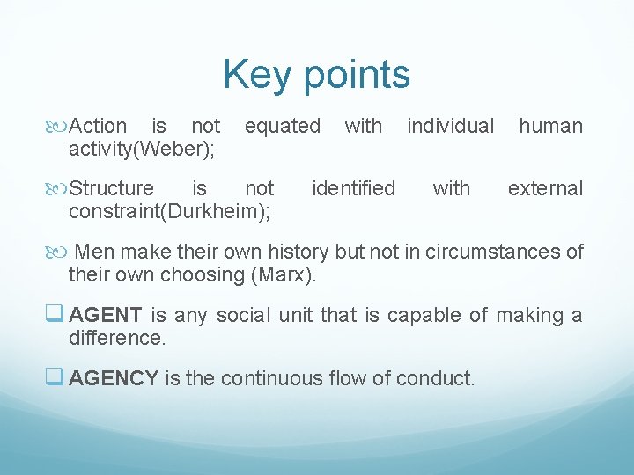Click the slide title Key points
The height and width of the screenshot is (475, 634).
click(316, 75)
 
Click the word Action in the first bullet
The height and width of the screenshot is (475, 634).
click(98, 127)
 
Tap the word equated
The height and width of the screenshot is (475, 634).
click(283, 127)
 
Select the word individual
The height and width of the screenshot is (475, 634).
click(450, 127)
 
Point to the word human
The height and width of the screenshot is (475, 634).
click(550, 127)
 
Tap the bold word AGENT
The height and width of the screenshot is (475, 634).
click(105, 316)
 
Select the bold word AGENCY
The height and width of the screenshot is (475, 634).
click(114, 379)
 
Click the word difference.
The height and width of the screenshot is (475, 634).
click(116, 338)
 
